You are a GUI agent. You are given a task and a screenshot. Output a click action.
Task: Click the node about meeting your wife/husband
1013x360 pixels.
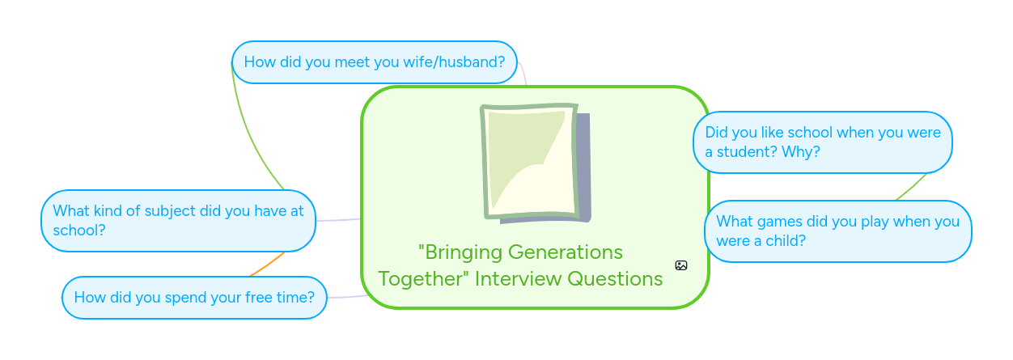tap(374, 62)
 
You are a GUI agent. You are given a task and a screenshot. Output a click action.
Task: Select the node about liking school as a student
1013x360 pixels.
tap(822, 142)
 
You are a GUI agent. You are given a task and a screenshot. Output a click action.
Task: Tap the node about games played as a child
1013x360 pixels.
tap(837, 231)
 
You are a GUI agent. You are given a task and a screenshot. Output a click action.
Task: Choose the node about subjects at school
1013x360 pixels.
tap(178, 221)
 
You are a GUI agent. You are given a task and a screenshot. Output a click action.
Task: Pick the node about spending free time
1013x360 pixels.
tap(194, 298)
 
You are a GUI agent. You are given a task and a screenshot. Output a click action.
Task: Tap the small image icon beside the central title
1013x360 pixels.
tap(681, 265)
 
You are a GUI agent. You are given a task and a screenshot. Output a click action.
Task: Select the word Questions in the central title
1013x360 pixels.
tap(615, 279)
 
